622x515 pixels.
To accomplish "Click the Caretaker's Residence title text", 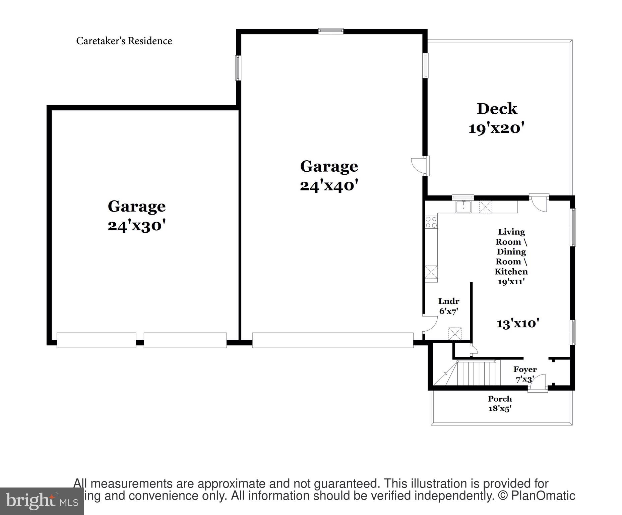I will pos(124,41).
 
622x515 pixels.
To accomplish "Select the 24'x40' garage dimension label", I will pos(329,186).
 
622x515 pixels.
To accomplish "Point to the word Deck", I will pos(497,109).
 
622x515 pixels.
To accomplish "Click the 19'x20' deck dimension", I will pos(496,128).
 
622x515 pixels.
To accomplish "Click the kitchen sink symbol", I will pos(463,207).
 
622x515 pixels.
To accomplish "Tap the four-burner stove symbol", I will pos(431,222).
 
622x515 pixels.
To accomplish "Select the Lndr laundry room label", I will pos(448,301).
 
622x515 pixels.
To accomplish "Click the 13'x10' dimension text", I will pos(518,324).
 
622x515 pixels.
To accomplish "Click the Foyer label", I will pos(525,369).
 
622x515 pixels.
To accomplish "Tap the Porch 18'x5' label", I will pos(500,403).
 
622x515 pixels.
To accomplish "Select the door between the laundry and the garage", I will pos(430,324).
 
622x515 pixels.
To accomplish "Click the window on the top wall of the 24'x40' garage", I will pos(331,31).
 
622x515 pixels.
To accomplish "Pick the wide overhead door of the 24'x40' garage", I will pos(332,340).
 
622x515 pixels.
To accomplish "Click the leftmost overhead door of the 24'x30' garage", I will pos(96,340).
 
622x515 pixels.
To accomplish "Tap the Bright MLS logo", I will pos(42,501).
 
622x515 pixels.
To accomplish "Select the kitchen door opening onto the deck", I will pos(539,203).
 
